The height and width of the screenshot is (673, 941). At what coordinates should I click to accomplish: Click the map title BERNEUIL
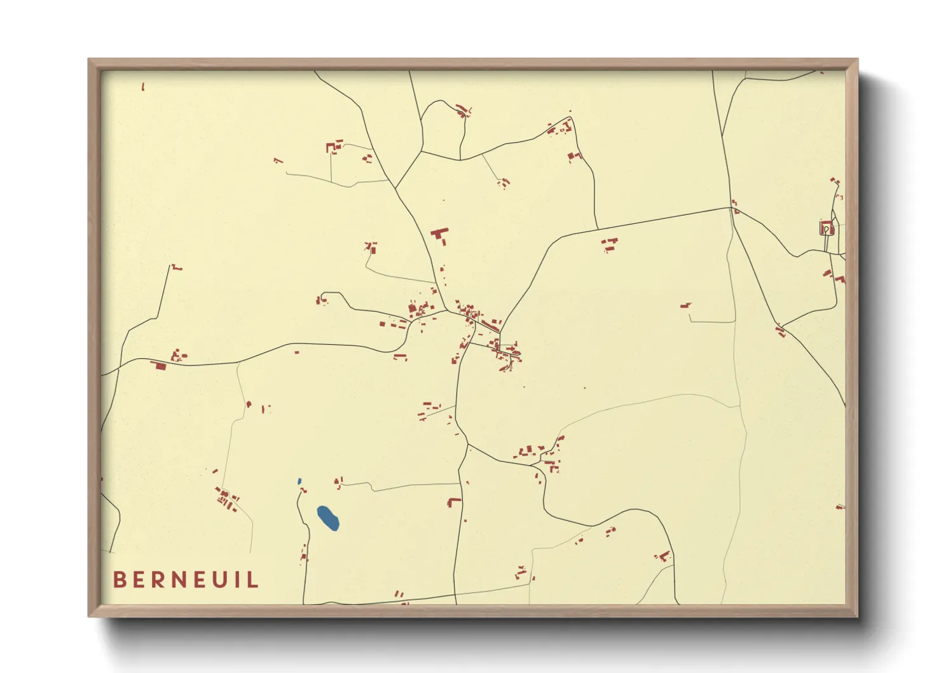click(x=186, y=579)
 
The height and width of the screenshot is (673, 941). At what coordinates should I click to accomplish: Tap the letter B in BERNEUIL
click(x=119, y=579)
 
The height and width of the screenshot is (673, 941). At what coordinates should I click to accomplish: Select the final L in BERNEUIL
click(x=254, y=579)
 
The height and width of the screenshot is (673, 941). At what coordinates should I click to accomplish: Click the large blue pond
click(x=328, y=517)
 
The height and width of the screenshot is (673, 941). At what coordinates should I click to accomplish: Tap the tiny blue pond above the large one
click(x=299, y=481)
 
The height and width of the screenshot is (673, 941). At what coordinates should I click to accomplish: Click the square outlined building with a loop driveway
click(x=826, y=227)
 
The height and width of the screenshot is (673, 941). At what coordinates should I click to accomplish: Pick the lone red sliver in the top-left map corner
click(x=143, y=87)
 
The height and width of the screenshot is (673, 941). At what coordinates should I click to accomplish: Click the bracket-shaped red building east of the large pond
click(x=453, y=502)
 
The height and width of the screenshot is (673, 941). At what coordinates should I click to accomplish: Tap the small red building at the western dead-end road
click(x=176, y=268)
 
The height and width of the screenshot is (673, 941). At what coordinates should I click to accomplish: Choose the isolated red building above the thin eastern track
click(x=685, y=306)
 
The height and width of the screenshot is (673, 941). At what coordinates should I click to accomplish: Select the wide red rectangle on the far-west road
click(x=158, y=365)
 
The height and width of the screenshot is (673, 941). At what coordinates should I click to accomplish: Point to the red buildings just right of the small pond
click(x=303, y=490)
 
